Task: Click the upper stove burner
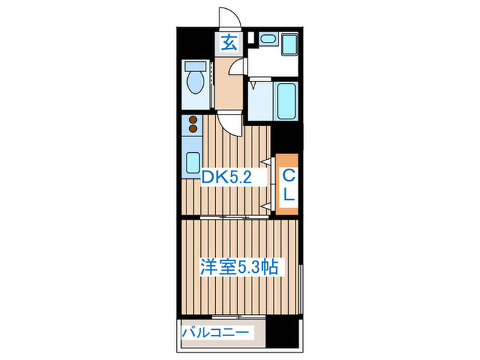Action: pyautogui.click(x=193, y=121)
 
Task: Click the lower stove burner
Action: pyautogui.click(x=193, y=129)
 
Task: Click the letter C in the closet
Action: pyautogui.click(x=288, y=176)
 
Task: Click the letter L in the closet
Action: pyautogui.click(x=289, y=194)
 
